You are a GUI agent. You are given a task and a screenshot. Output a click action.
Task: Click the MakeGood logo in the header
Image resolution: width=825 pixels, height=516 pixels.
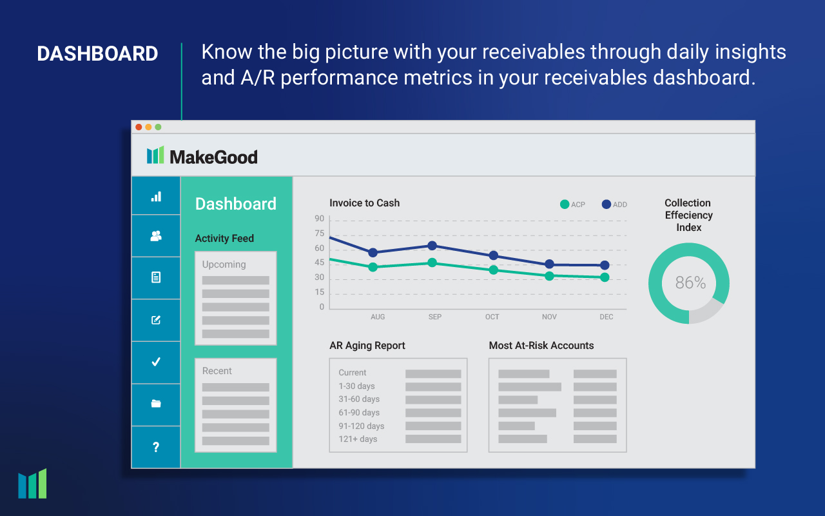[202, 156]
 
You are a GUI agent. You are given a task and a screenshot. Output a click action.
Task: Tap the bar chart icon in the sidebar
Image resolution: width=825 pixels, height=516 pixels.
[156, 196]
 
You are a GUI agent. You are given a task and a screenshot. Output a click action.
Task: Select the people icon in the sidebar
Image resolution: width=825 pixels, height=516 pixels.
[156, 236]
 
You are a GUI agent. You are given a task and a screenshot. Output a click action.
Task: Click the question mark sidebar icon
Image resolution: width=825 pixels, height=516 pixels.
[156, 447]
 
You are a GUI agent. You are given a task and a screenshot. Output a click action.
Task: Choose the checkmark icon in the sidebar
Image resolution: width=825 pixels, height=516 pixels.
[156, 362]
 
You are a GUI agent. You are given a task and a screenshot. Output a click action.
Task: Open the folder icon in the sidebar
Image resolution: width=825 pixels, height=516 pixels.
[156, 404]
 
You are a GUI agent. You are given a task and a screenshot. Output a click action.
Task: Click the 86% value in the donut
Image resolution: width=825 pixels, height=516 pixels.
[690, 283]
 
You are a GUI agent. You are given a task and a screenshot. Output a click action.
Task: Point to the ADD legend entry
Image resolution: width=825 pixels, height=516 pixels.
[614, 204]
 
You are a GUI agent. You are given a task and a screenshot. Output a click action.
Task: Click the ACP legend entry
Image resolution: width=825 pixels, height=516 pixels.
[572, 204]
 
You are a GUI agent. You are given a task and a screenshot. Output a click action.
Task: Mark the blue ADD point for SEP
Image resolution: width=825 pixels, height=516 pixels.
[432, 246]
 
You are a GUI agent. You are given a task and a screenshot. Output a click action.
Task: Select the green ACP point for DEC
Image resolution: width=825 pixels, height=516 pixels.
[605, 277]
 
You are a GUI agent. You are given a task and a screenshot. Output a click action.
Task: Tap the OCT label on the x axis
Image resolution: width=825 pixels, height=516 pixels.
[492, 317]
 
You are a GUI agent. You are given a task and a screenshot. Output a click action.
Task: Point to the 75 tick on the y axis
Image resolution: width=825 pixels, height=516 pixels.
[320, 233]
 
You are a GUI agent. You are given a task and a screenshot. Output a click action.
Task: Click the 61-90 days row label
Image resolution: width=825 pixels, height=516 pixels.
[359, 413]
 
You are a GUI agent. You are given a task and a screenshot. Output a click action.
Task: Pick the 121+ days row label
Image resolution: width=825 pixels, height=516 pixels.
[358, 439]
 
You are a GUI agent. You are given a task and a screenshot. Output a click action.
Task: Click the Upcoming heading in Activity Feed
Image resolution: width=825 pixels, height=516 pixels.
[224, 264]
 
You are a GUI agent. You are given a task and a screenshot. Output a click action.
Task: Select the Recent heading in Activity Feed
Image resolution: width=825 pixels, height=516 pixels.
[217, 371]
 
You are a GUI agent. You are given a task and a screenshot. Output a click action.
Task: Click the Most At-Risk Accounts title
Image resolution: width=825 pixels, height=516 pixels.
[541, 346]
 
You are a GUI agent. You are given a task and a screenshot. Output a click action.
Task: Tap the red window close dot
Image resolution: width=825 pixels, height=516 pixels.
[139, 127]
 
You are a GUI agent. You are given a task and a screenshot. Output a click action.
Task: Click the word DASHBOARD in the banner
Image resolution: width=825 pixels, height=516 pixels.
[97, 54]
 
